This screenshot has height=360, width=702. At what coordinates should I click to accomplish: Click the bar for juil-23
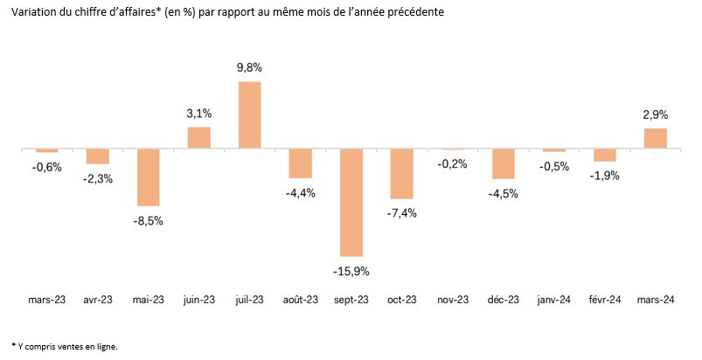[249, 114]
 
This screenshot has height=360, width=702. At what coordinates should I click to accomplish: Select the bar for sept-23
[351, 202]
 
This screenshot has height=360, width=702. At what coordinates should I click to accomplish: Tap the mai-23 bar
[148, 177]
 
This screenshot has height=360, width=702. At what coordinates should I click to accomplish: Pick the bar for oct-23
[402, 174]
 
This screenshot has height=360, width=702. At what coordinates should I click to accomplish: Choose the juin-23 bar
[198, 138]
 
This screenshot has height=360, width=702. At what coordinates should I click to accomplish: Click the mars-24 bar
[656, 139]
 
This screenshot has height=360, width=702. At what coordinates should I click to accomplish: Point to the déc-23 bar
[504, 164]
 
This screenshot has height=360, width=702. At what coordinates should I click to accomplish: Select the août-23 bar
[301, 163]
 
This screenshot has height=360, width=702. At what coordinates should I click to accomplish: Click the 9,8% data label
[249, 67]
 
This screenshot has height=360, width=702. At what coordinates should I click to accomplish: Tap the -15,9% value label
[351, 271]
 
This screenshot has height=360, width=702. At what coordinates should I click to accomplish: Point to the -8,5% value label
[148, 220]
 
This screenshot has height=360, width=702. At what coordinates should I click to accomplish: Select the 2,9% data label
[656, 114]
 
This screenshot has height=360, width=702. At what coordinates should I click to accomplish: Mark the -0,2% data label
[453, 164]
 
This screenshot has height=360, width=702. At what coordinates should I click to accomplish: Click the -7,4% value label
[402, 213]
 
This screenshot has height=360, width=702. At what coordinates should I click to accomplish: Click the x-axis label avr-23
[97, 300]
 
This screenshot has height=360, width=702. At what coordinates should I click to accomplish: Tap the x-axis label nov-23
[453, 300]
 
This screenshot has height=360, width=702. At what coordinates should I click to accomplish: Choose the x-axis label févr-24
[605, 300]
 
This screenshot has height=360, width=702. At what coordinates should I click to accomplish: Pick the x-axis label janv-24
[554, 300]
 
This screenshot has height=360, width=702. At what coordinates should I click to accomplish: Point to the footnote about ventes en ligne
[66, 346]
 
